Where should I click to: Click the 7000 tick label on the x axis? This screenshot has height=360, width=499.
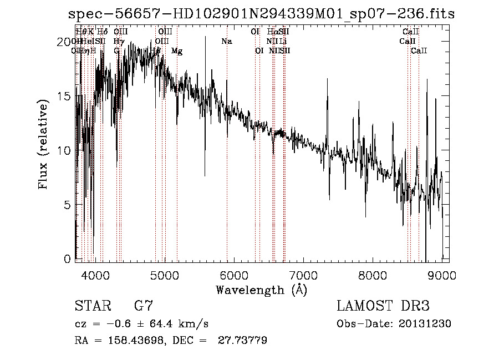tap(303, 275)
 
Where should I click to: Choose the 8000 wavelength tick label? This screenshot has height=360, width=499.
tap(373, 275)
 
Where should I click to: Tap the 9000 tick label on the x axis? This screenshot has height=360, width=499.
tap(442, 275)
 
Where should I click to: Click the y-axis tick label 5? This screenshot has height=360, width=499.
tap(67, 205)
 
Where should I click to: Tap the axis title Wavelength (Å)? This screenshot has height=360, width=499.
tap(261, 290)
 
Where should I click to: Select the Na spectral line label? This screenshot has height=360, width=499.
tap(226, 42)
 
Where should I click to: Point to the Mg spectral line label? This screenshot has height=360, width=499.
tap(177, 51)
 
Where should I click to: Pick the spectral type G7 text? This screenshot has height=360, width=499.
tap(142, 306)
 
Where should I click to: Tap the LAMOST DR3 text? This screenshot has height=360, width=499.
tap(383, 306)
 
